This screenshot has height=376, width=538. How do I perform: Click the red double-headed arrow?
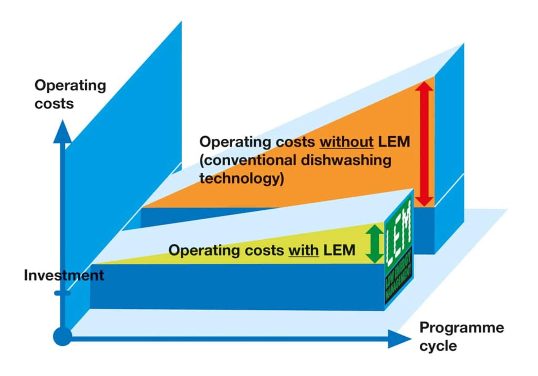click(x=424, y=144)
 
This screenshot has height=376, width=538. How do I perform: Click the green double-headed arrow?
click(x=375, y=244)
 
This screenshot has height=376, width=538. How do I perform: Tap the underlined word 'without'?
click(x=347, y=142)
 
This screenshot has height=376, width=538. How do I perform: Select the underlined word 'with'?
click(x=304, y=250)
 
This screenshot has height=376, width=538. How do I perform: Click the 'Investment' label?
click(x=64, y=275)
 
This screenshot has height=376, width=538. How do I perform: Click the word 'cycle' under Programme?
click(x=438, y=346)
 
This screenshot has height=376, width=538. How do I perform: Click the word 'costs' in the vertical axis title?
click(x=54, y=104)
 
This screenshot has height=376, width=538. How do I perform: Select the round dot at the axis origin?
click(x=63, y=336)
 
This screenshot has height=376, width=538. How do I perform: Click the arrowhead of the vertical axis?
click(x=63, y=132)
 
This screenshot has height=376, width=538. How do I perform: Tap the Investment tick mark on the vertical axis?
click(x=62, y=293)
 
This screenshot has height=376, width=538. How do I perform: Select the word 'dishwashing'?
click(x=346, y=160)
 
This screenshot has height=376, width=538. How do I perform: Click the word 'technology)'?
click(x=242, y=179)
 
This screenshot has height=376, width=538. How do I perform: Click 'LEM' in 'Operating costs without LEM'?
click(x=394, y=142)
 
